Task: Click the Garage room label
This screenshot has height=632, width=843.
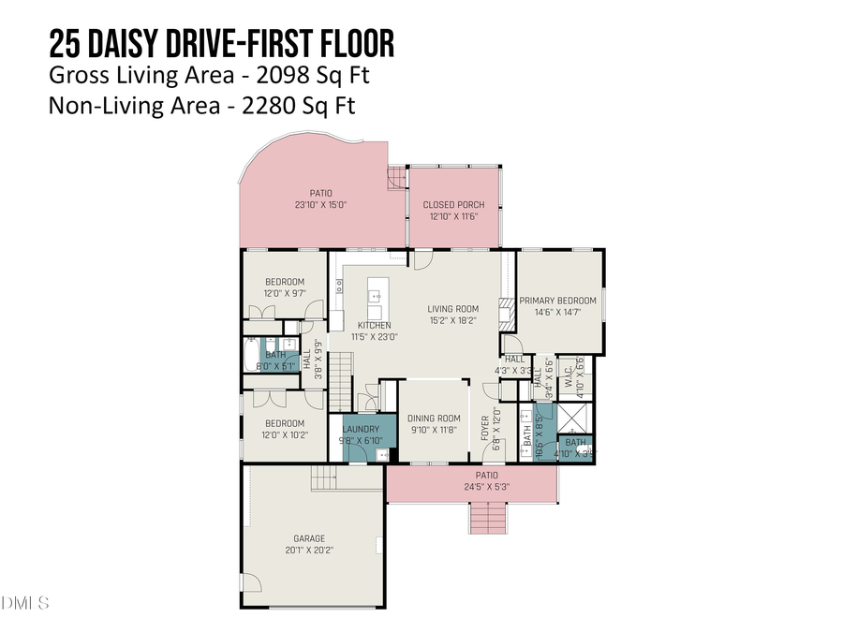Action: pyautogui.click(x=309, y=538)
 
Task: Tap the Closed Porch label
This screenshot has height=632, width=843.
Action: pyautogui.click(x=453, y=205)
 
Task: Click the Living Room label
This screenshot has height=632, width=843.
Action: pyautogui.click(x=453, y=309)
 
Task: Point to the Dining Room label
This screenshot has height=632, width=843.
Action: pyautogui.click(x=436, y=419)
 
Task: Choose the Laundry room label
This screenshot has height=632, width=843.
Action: pyautogui.click(x=359, y=429)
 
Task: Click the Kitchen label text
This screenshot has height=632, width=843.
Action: pyautogui.click(x=375, y=325)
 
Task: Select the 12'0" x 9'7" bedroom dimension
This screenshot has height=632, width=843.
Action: pyautogui.click(x=284, y=294)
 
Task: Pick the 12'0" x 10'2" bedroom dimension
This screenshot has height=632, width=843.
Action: pyautogui.click(x=284, y=435)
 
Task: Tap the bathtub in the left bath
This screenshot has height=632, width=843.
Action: pyautogui.click(x=251, y=354)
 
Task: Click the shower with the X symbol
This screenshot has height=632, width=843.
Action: pyautogui.click(x=573, y=418)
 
